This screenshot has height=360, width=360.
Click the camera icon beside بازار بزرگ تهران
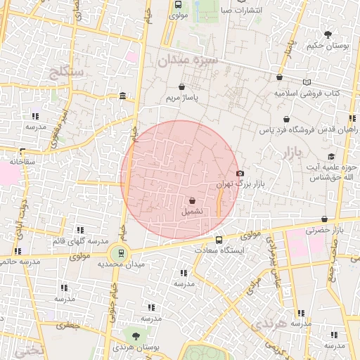pos(240,173)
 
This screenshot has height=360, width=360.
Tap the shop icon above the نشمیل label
pos(193,200)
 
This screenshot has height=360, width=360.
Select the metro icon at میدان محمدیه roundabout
pos(121,253)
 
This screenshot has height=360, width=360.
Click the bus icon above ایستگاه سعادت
pos(219,240)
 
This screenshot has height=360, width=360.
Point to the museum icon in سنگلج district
pos(123,96)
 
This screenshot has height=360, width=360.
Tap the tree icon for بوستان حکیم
pos(328,34)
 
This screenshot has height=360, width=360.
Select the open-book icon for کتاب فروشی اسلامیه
pos(306,82)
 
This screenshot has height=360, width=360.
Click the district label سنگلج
pos(67,71)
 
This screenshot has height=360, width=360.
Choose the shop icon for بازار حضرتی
pos(324,219)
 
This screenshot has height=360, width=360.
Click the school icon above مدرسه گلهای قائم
pos(80,230)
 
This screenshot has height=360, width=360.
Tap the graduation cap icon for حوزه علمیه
pos(330,156)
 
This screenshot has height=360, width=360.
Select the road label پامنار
pos(288,48)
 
